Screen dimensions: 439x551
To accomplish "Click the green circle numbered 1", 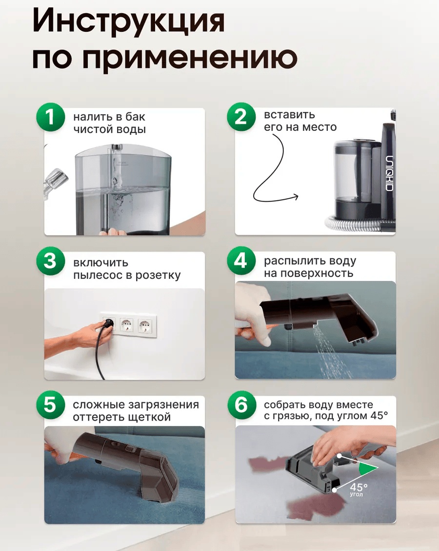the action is click(x=50, y=117).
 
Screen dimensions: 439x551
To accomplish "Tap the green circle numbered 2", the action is click(x=241, y=117).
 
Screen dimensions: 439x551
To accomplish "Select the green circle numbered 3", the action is click(x=50, y=262).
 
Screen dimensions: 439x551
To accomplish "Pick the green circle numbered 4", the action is click(x=241, y=261).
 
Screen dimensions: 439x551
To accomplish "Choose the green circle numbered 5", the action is click(x=50, y=405).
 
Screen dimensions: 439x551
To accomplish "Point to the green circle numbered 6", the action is click(x=241, y=405).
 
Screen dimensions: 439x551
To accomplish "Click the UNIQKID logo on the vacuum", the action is click(x=390, y=173).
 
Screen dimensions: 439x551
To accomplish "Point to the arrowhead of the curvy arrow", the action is click(x=296, y=196).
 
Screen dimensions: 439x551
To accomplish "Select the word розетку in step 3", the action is click(x=158, y=275).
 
